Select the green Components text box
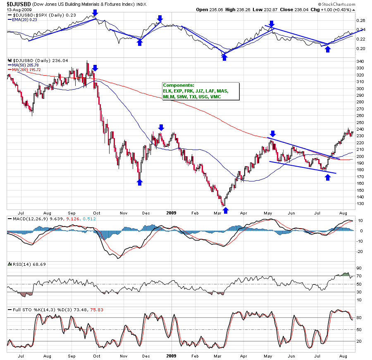[x=200, y=91]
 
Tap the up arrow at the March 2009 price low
[x=225, y=210]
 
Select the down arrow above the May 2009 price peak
[x=272, y=133]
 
